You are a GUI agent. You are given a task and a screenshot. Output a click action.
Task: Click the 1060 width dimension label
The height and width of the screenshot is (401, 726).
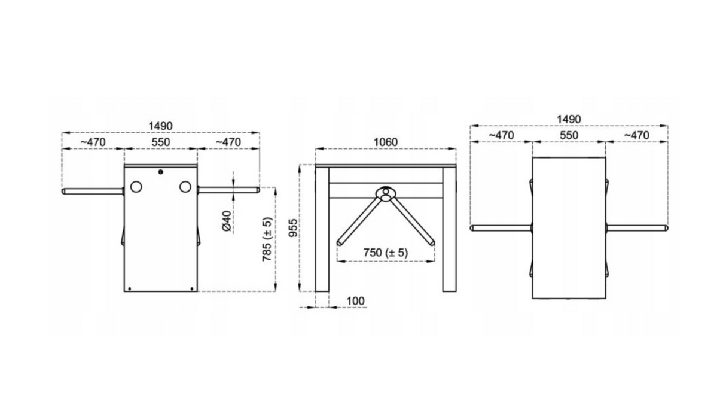(385, 142)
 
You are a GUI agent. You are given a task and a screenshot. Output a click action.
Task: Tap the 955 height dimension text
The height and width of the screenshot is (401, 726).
(293, 228)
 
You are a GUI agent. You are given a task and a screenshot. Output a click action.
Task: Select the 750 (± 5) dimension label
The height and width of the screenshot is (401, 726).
(385, 253)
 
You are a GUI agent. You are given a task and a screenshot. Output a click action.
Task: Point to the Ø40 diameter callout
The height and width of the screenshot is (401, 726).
(227, 221)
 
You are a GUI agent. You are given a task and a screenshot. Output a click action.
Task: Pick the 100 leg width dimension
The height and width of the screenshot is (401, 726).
(356, 301)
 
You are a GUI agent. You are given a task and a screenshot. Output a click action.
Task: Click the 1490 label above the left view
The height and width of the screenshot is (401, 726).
(160, 126)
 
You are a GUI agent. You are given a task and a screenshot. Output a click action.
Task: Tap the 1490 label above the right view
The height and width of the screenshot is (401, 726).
(569, 119)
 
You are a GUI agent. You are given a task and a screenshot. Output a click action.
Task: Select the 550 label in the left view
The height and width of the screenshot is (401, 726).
(161, 142)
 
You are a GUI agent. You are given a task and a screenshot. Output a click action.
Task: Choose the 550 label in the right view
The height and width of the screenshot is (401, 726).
(569, 135)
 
